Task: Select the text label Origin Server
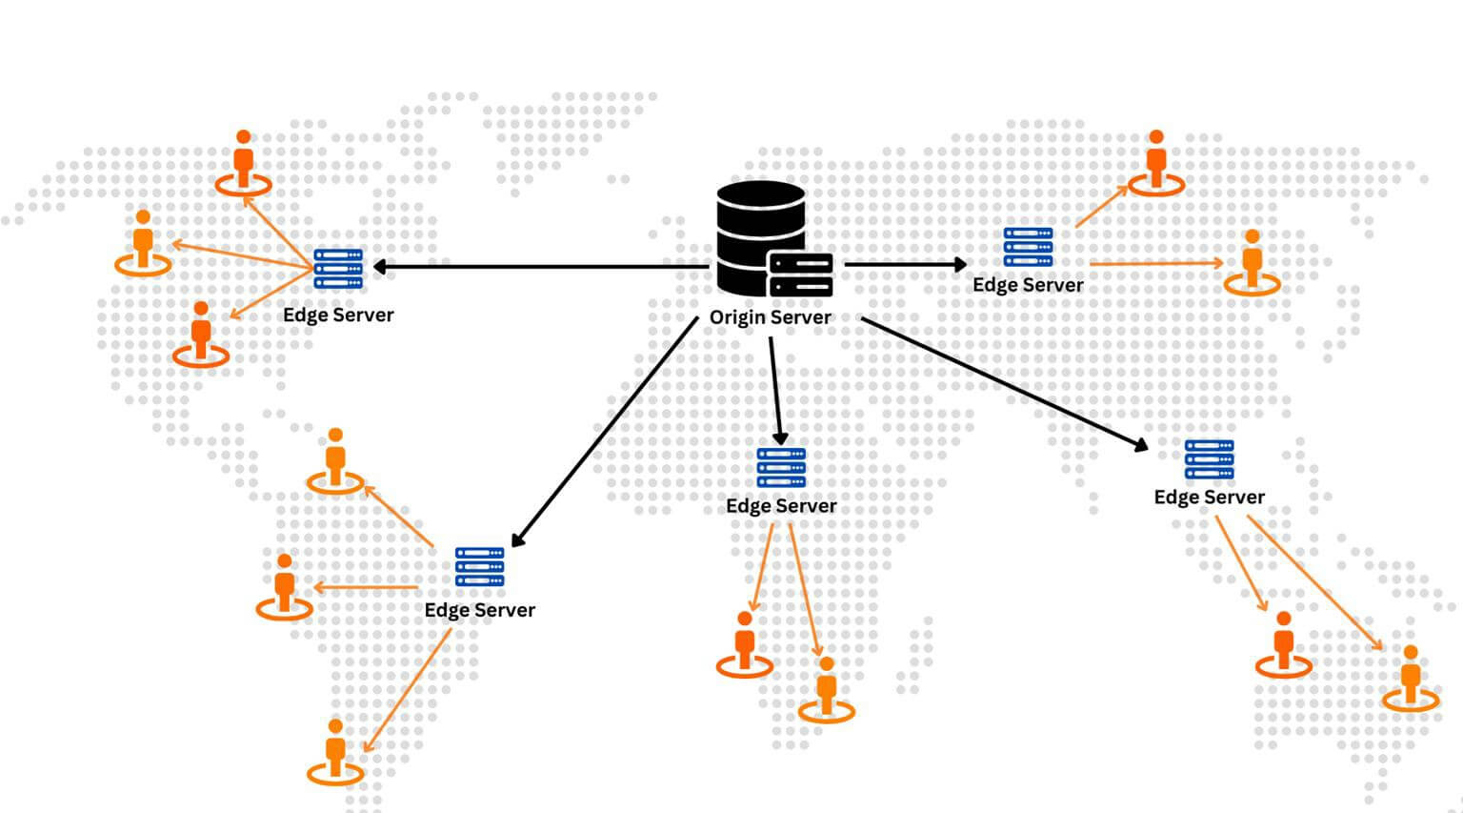770,317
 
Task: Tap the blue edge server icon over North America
338,269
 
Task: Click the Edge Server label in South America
479,610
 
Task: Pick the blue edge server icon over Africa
781,467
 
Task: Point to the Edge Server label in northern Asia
1028,285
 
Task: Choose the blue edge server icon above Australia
1209,459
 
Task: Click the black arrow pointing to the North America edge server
533,267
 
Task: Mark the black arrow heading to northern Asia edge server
905,264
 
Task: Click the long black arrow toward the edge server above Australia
1005,381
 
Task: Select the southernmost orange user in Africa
826,688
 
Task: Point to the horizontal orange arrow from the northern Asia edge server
1155,263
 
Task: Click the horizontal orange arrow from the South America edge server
367,587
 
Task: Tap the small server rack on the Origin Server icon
800,274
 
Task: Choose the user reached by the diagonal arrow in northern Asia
1156,161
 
